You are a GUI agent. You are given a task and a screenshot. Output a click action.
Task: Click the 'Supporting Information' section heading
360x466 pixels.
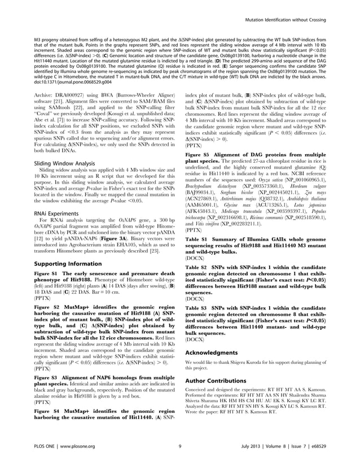click(x=68, y=264)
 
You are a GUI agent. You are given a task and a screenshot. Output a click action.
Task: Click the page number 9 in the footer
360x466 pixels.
click(x=179, y=448)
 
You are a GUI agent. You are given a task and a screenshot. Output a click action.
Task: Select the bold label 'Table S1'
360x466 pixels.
click(x=196, y=239)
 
